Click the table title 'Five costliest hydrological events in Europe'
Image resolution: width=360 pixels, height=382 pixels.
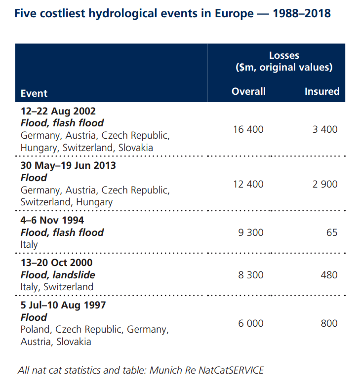172,13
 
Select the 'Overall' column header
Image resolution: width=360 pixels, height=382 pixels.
248,91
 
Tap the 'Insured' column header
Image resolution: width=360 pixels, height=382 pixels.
322,91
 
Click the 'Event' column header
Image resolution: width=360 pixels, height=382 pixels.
34,93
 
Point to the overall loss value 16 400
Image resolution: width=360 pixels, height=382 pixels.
248,129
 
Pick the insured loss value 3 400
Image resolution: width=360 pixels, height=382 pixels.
325,129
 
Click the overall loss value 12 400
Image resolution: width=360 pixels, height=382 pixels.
248,184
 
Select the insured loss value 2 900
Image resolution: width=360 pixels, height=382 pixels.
325,184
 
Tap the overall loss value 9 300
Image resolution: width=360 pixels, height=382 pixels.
251,232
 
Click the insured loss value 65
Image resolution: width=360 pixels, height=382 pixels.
332,232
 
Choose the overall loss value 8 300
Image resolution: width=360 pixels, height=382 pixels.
251,275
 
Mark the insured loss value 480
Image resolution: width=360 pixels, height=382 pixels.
329,275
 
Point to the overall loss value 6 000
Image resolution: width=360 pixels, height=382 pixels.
251,323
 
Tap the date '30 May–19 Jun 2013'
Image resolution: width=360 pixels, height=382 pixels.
68,165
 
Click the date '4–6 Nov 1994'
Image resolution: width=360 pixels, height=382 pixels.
52,220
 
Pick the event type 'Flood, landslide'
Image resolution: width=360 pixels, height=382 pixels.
58,275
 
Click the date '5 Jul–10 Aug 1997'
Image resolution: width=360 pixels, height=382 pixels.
63,305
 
